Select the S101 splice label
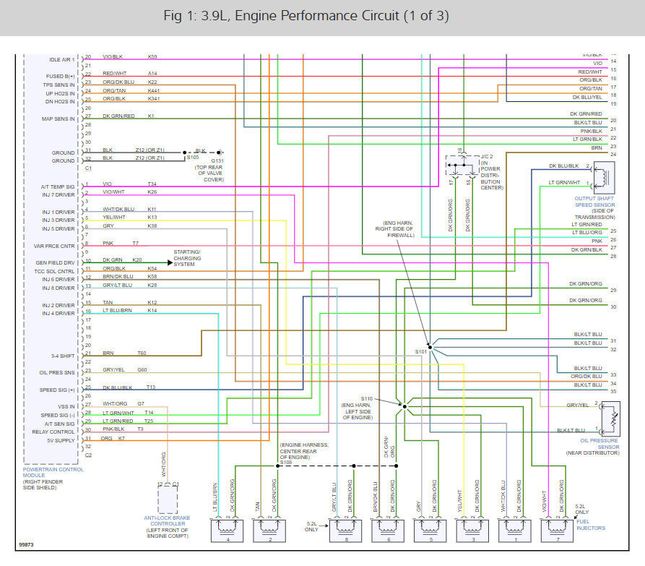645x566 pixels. pos(421,351)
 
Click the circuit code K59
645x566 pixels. pos(152,56)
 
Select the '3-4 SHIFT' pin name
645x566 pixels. pos(61,355)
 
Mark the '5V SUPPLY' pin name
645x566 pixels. pos(61,439)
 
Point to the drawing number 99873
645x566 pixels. pos(28,544)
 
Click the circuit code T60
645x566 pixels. pos(142,353)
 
